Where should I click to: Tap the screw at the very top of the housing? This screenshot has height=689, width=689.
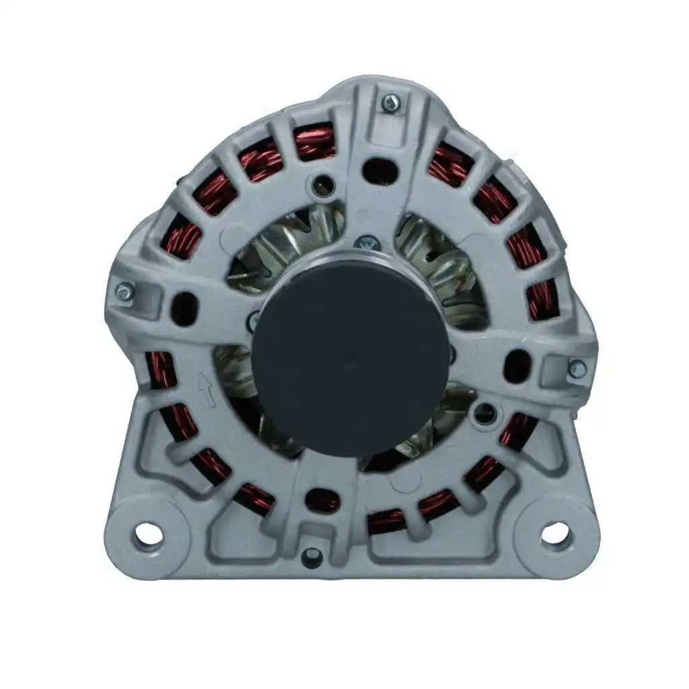click(x=390, y=103)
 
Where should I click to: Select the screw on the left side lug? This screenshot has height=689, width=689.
click(x=124, y=291)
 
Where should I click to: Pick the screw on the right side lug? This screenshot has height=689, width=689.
click(x=577, y=369)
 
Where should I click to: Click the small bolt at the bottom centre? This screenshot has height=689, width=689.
click(x=312, y=556)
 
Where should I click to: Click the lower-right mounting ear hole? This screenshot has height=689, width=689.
click(x=554, y=535)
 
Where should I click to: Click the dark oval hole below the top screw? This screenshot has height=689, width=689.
click(x=380, y=170)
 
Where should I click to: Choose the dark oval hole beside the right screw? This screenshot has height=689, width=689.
click(x=517, y=366)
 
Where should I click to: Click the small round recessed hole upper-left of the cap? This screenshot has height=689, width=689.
click(x=325, y=184)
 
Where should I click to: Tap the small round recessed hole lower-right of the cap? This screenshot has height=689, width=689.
click(x=484, y=413)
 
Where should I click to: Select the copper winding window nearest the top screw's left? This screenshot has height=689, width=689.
click(x=315, y=143)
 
